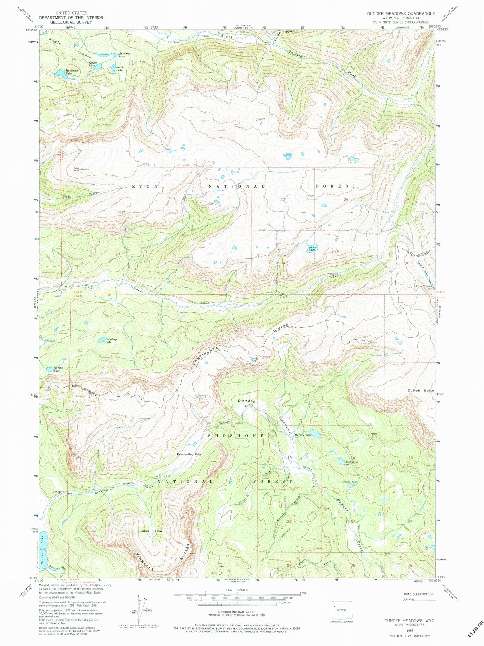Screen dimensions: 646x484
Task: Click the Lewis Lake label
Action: coord(312,249)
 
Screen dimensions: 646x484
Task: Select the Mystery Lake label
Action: coord(111,341)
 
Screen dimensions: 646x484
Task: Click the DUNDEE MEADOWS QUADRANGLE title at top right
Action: coord(401,14)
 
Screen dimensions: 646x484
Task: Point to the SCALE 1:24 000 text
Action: coord(237,589)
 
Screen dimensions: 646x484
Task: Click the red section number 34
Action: coord(283,263)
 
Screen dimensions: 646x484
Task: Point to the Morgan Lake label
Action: coord(57,370)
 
